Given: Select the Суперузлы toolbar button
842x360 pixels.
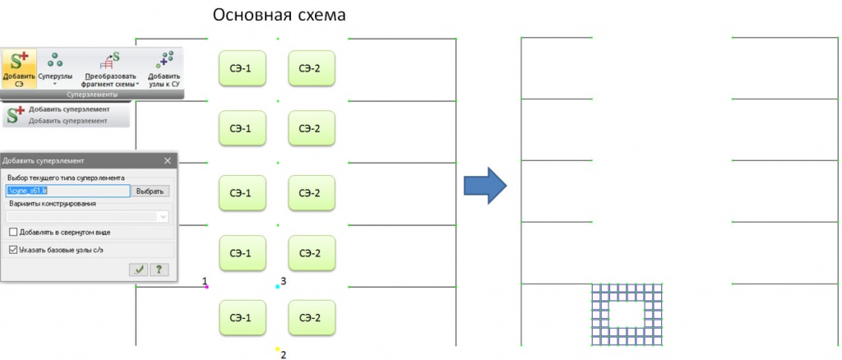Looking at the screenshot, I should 56,66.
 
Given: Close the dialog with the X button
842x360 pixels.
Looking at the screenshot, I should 169,160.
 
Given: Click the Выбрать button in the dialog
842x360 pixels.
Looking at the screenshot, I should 151,191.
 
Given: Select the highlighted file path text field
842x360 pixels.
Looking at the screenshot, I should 67,191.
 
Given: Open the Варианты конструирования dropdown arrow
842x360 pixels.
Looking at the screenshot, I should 163,217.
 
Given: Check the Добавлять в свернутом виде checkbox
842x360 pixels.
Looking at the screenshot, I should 12,233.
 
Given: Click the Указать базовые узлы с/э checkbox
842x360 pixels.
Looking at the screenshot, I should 12,249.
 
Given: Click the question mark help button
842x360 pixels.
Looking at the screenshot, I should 158,269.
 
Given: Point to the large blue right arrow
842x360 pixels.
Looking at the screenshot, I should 484,186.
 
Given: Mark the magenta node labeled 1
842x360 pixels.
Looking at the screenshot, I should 206,287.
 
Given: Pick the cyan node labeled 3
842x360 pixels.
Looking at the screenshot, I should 278,287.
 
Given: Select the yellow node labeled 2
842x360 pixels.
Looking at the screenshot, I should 278,348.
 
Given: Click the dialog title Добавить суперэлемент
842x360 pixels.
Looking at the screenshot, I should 49,160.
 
